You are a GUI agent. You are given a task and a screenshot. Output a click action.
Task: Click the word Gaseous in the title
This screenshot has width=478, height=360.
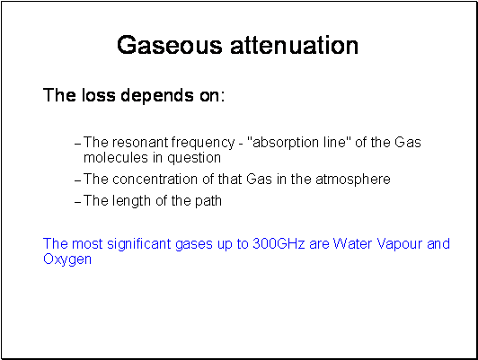pos(170,45)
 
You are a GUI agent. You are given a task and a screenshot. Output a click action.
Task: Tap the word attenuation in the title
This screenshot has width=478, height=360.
pos(294,45)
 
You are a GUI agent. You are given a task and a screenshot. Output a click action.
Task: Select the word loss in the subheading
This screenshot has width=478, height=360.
pos(99,95)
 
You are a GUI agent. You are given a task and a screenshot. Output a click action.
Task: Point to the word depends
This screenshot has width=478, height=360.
pos(157,96)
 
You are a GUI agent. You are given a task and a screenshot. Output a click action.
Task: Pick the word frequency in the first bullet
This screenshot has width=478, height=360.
pos(203,143)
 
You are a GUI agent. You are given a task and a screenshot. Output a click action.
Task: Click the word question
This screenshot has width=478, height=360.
pos(194,158)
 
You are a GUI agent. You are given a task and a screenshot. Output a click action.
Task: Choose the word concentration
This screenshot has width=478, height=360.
pos(155,179)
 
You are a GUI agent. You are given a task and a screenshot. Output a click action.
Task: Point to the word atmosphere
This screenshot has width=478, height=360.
pos(353,180)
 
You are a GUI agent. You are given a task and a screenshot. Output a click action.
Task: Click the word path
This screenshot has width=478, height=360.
pos(208,202)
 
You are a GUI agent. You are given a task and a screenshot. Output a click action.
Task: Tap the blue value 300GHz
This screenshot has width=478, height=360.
pos(279,243)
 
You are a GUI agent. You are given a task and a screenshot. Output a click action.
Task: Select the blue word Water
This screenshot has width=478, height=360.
pos(352,243)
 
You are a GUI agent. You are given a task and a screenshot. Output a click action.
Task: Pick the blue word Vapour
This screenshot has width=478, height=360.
pos(400,244)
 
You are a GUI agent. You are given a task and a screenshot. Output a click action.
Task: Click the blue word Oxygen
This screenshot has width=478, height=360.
pos(67,259)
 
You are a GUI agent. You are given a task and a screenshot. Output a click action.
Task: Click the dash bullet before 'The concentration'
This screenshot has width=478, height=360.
pos(78,180)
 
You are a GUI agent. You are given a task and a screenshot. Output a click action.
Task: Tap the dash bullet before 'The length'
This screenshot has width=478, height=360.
pos(78,202)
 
